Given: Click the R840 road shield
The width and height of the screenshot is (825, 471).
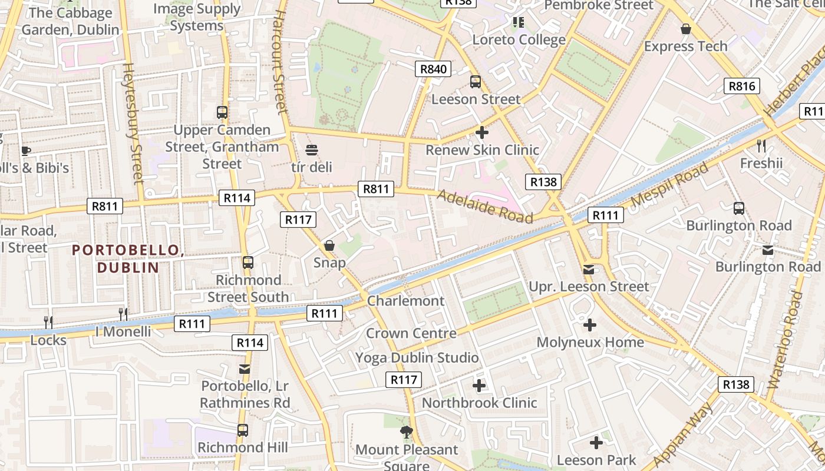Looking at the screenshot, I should point(433,69).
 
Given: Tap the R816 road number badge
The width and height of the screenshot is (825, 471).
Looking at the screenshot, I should point(741,87).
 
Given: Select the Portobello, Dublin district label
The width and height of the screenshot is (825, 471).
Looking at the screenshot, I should point(128,258).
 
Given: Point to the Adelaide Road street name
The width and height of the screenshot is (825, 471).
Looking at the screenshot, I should point(484,206).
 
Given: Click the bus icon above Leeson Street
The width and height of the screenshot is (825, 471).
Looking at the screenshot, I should point(475,82).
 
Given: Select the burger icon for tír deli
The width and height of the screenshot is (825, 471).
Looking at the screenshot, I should point(312,150).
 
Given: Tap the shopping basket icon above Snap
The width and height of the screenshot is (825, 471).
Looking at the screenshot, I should point(329,246).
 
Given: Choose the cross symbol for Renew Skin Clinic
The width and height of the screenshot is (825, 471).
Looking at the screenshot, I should point(482,132).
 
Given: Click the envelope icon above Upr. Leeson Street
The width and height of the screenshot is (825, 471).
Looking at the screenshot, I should point(589,270).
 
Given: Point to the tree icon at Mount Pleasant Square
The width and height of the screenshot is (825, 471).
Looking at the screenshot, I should point(406,433).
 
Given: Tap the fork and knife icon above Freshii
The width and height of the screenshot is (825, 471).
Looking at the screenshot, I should point(761,145).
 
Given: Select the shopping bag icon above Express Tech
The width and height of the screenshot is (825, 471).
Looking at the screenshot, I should point(685,29).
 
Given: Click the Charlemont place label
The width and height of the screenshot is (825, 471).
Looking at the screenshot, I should point(405,301).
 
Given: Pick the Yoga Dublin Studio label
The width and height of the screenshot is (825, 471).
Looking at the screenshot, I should point(417,357).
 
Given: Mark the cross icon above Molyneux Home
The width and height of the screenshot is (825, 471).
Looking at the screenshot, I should point(590,325).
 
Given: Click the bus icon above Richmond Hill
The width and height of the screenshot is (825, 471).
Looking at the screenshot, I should point(243,430).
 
